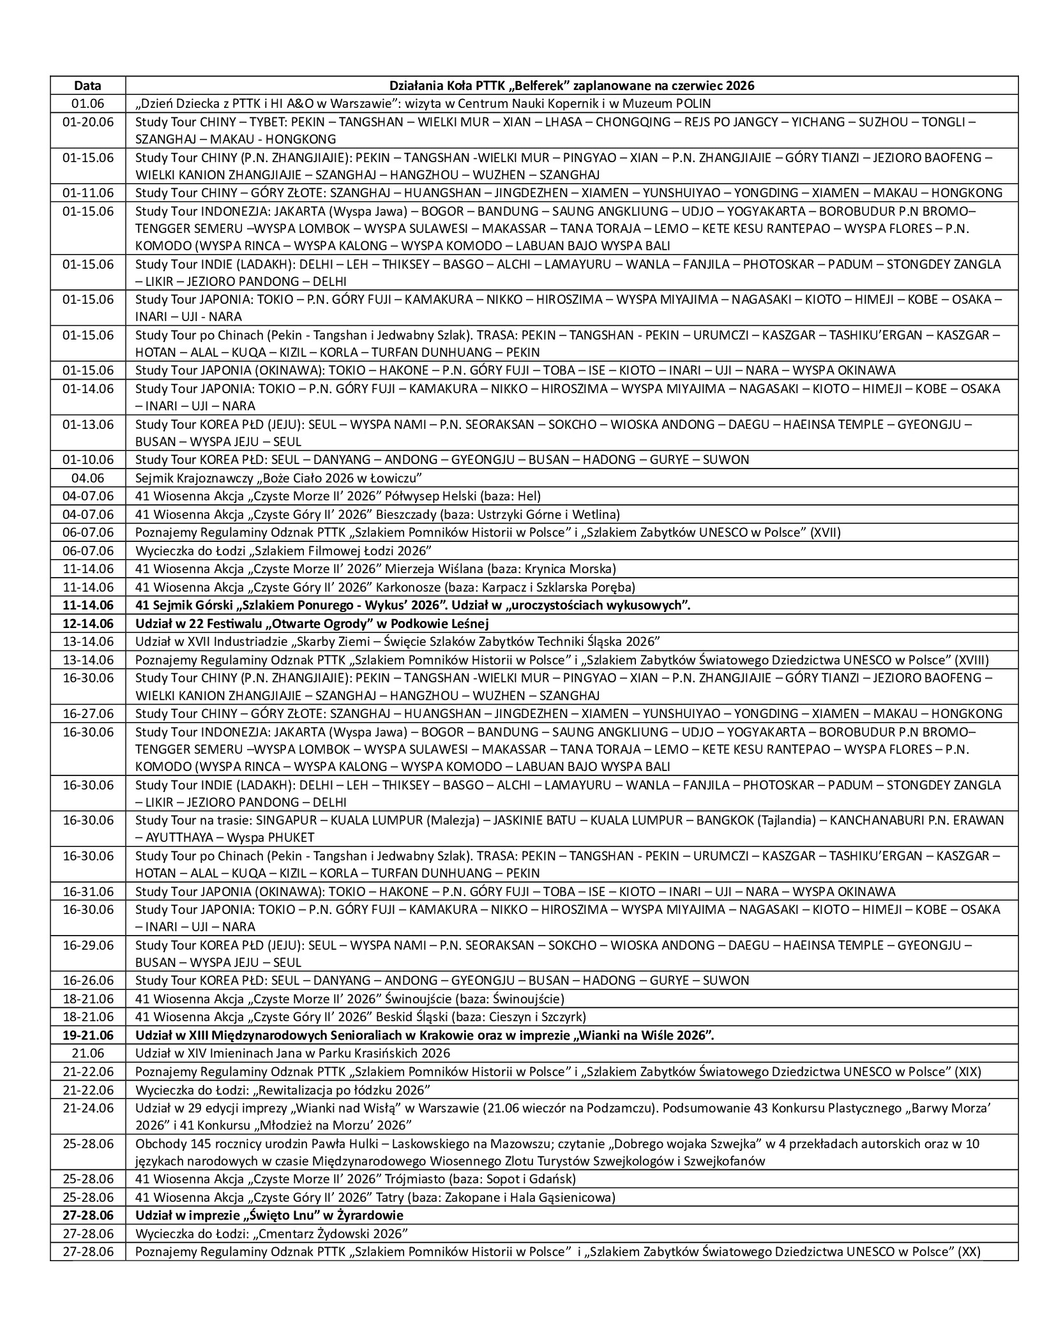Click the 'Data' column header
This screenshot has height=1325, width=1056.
87,86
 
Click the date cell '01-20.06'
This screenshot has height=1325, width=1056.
88,121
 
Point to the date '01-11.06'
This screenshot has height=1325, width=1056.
88,192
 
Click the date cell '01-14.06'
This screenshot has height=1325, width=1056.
88,388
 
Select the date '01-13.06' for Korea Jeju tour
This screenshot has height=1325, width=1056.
88,424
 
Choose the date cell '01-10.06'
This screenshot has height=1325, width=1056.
88,459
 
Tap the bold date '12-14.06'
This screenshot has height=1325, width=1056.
88,623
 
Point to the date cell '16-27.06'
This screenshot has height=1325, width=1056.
88,713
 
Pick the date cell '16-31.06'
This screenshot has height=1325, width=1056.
88,891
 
